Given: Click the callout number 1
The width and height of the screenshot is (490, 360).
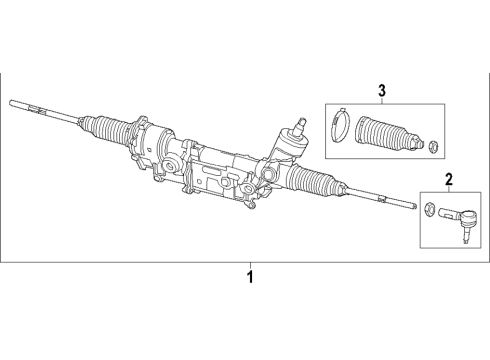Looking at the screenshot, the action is [251, 275].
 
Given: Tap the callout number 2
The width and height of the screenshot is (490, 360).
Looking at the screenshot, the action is [449, 180].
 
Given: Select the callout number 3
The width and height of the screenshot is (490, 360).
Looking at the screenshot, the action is [381, 92].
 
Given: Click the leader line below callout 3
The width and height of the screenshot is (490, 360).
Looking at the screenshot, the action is [381, 101].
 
